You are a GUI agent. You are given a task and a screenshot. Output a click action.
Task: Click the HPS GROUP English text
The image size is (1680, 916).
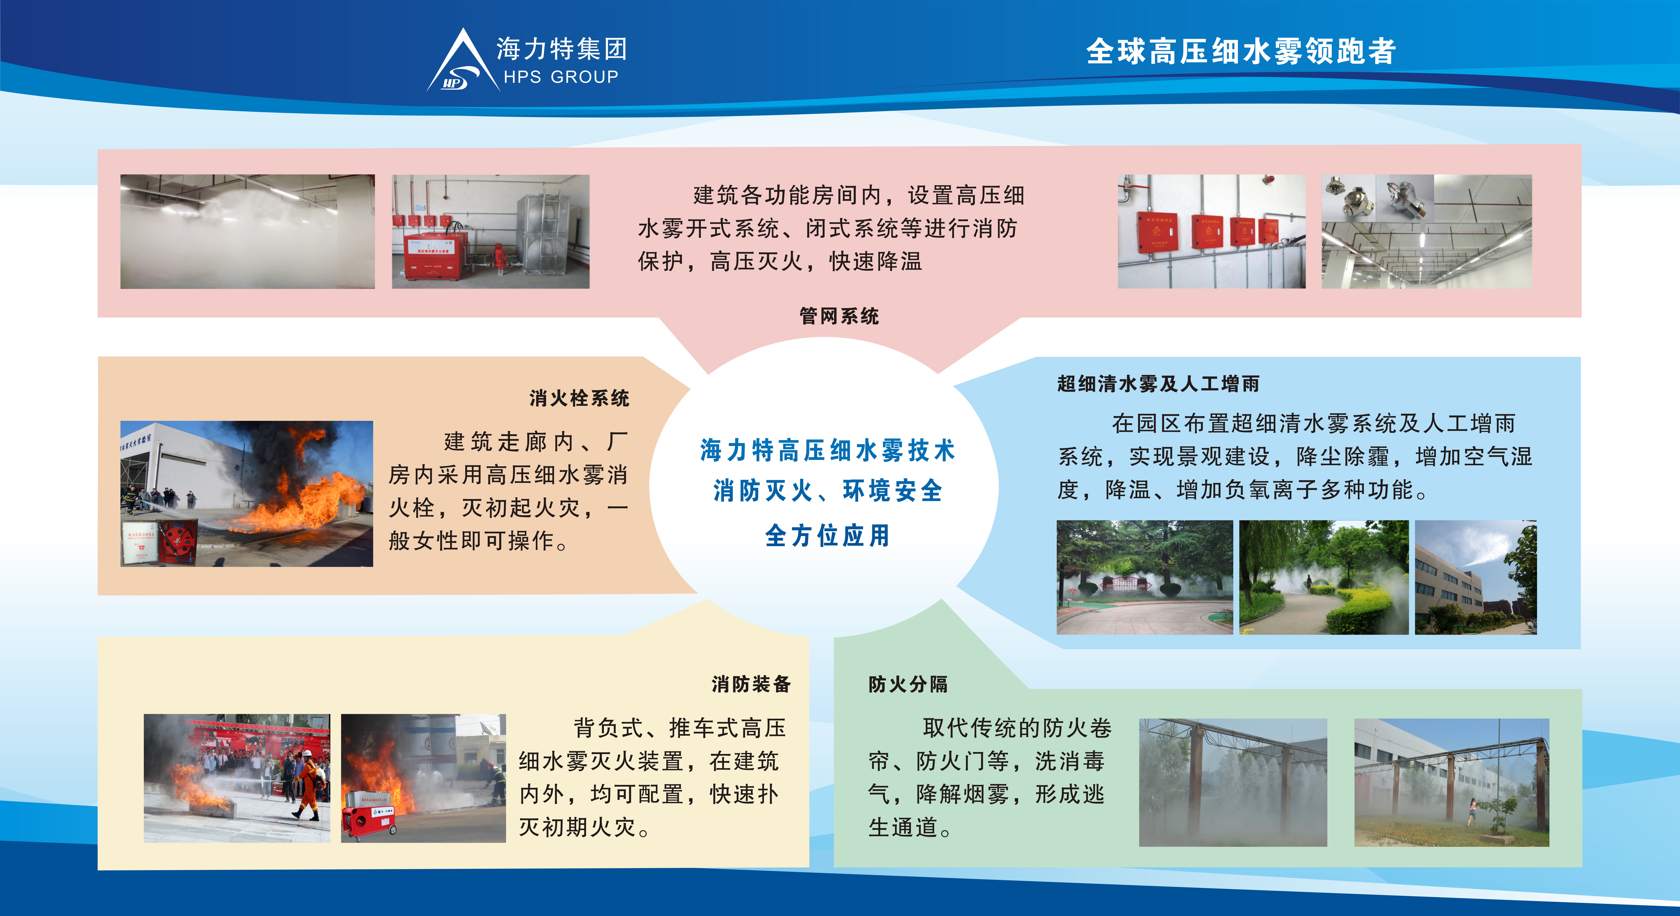(561, 77)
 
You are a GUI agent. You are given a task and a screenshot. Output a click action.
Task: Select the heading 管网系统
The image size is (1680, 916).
(839, 316)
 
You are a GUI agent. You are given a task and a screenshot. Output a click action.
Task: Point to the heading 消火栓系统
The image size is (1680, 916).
(579, 398)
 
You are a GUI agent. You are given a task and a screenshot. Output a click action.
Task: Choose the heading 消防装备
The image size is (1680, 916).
(751, 684)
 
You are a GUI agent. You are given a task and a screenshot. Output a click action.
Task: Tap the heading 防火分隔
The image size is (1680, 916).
(908, 684)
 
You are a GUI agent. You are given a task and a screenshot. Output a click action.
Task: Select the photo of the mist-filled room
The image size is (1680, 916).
(248, 232)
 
